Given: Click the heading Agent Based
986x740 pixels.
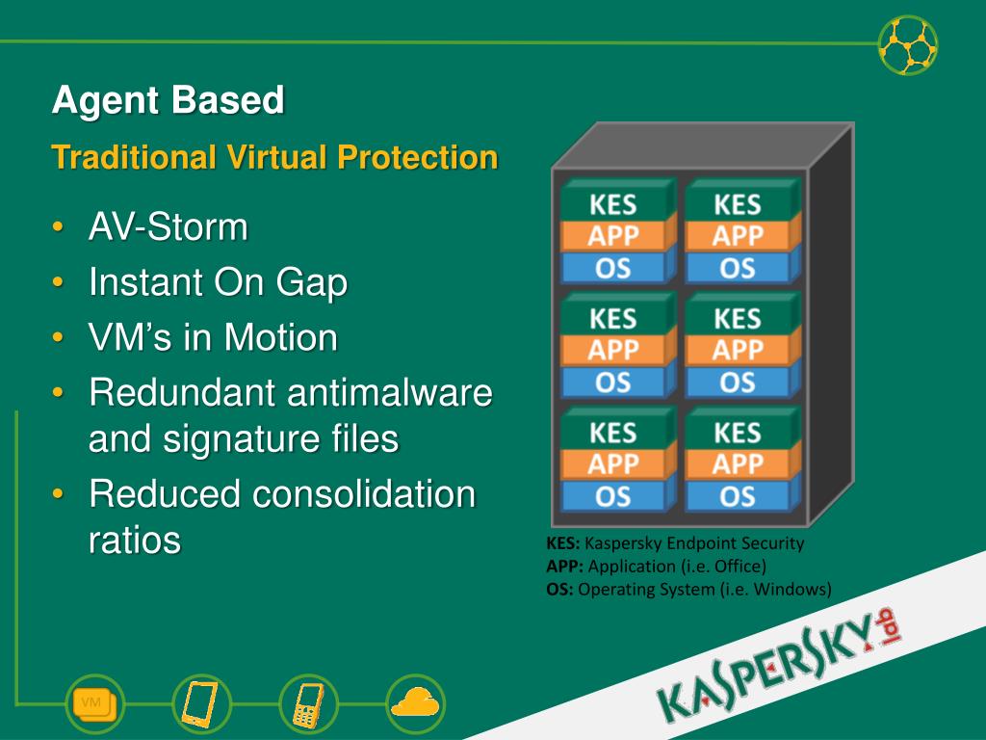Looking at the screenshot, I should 169,100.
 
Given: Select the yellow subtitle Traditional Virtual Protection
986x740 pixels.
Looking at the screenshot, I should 275,157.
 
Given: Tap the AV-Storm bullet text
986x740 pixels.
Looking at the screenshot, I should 169,228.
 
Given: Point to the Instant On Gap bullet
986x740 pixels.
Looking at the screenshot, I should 218,283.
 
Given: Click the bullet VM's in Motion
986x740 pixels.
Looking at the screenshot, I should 213,338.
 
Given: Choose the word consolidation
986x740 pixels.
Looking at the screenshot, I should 364,494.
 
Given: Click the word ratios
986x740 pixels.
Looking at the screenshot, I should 135,541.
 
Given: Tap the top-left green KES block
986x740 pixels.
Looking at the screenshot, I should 613,205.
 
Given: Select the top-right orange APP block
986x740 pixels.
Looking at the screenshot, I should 738,236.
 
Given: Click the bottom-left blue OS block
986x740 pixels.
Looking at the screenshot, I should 613,495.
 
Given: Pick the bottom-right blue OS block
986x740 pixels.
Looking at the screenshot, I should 738,495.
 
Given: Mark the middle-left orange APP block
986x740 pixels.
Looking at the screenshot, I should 613,350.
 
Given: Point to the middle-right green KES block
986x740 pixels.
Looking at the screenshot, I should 738,318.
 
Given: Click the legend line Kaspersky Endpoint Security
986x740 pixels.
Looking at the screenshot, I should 675,543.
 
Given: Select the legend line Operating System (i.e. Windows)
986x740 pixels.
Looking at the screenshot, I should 688,590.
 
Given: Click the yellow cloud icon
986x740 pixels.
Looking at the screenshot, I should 416,701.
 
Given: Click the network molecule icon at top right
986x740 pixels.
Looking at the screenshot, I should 908,44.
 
